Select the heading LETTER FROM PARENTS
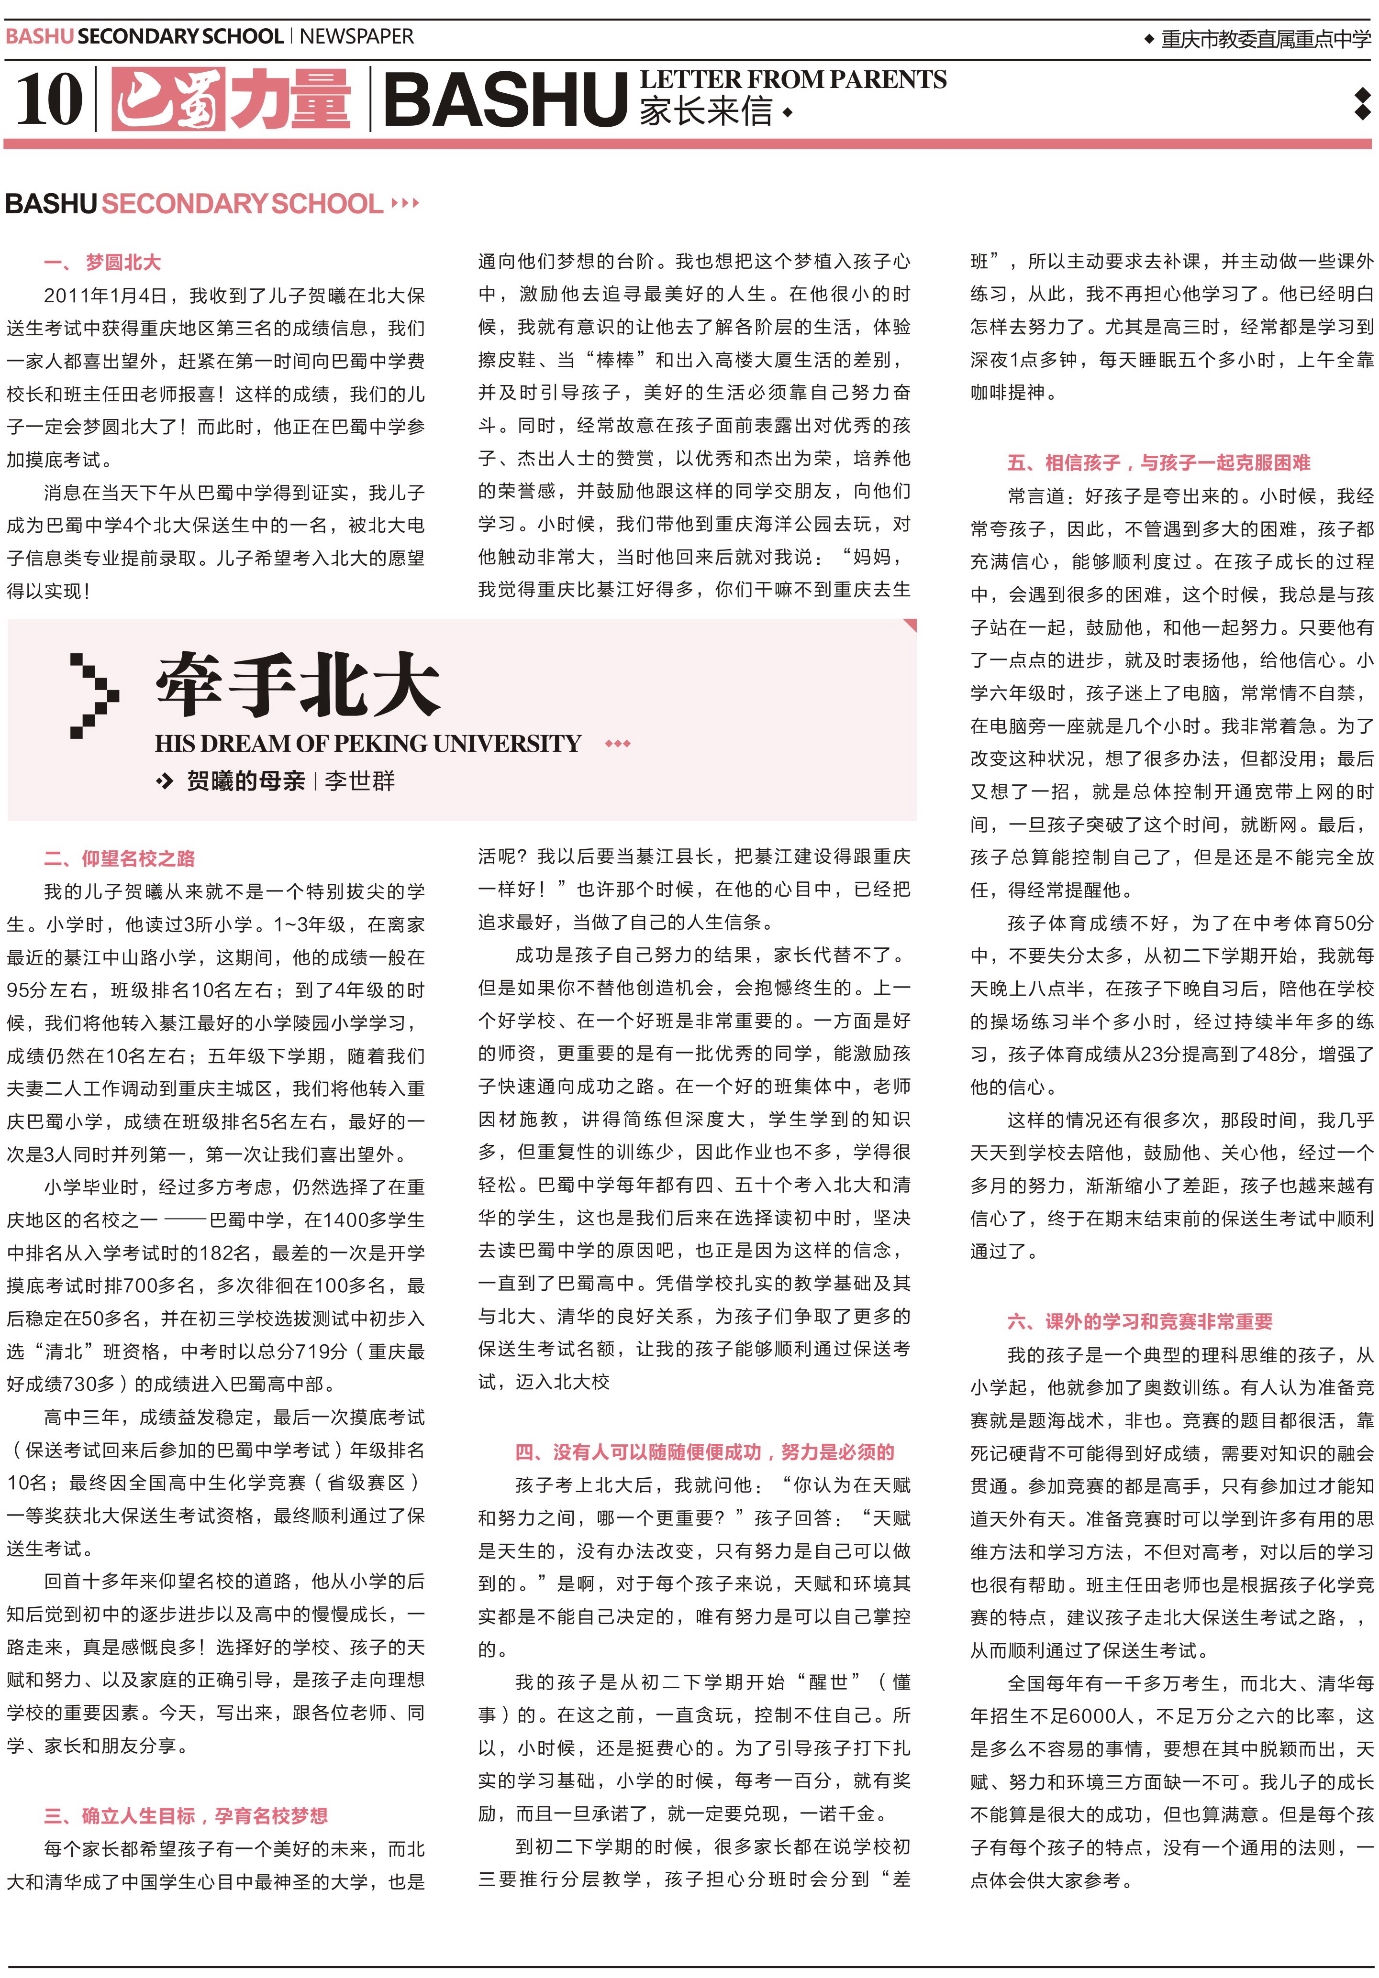[793, 79]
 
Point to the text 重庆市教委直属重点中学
[1265, 39]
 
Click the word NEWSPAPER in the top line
[357, 36]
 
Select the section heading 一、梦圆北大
[102, 262]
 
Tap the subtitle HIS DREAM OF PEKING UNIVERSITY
[368, 744]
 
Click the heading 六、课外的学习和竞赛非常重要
[1139, 1321]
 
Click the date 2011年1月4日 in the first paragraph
[105, 296]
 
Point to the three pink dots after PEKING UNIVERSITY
[618, 744]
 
